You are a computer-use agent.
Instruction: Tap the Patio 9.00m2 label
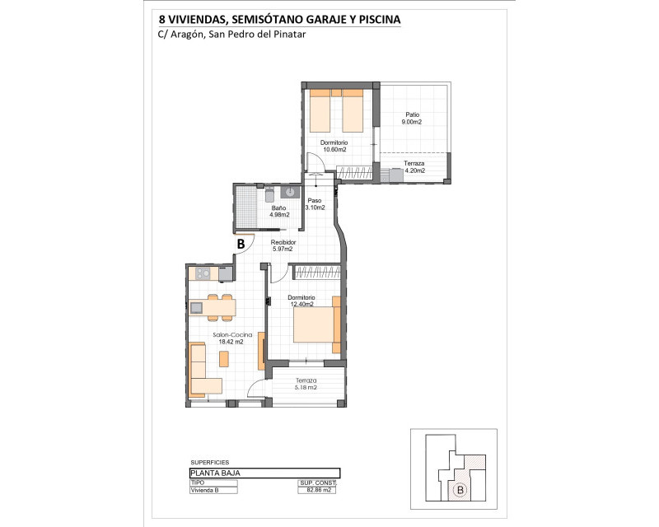[413, 118]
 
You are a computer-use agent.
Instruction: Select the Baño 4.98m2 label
[279, 212]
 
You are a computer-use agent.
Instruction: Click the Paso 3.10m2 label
[315, 204]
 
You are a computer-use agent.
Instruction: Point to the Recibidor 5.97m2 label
[283, 245]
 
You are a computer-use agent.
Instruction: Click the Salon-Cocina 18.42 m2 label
[232, 338]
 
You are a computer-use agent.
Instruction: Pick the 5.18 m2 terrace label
[306, 384]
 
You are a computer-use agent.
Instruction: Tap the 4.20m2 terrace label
[414, 167]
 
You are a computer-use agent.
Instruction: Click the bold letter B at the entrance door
[241, 244]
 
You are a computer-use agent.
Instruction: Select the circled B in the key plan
[460, 490]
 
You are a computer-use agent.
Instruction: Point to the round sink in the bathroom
[290, 193]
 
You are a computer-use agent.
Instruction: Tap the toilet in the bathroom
[269, 194]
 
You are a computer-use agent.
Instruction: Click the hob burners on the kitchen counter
[203, 273]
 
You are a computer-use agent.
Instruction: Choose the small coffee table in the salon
[224, 359]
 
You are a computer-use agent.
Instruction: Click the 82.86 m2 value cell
[317, 490]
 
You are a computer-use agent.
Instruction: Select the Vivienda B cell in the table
[213, 490]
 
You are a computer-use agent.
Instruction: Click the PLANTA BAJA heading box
[264, 473]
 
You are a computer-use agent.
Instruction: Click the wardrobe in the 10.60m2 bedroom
[355, 173]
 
